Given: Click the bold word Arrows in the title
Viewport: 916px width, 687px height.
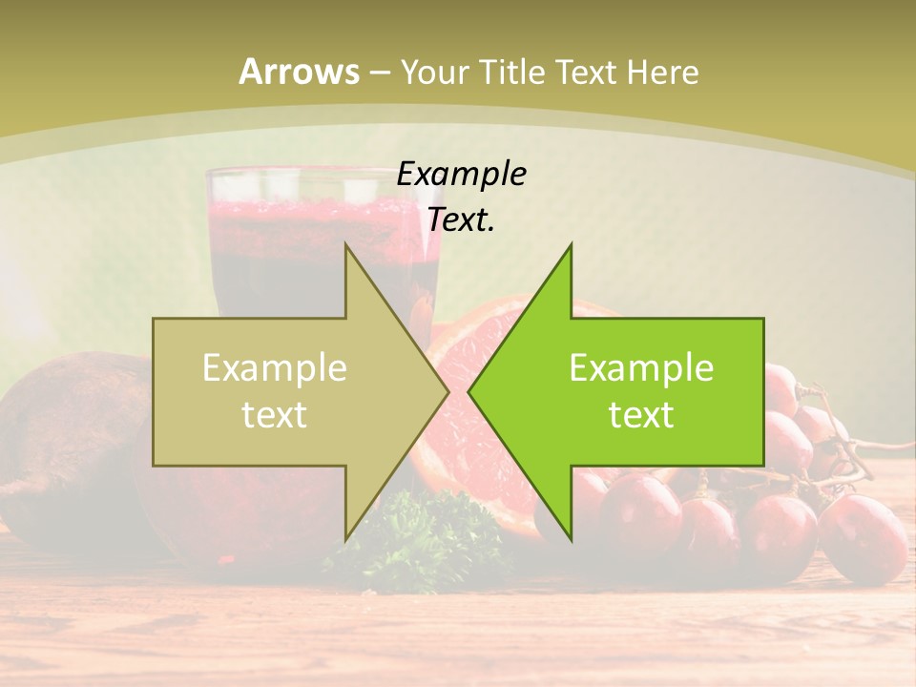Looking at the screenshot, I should (x=300, y=72).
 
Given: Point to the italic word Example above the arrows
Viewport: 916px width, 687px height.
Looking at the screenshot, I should (x=461, y=175).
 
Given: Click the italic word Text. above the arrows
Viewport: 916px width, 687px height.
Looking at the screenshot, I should (x=461, y=220).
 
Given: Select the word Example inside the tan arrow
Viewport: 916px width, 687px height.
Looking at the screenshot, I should (x=275, y=367).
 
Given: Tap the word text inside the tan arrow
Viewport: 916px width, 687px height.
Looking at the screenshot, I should (x=275, y=415).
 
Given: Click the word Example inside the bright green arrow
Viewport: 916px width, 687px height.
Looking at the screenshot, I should (x=641, y=367).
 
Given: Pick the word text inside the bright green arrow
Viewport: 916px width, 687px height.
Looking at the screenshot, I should (x=641, y=415).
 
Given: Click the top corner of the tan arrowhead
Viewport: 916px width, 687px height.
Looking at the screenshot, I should (x=345, y=246).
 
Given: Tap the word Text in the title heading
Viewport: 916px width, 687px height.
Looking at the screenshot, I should (x=584, y=72).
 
